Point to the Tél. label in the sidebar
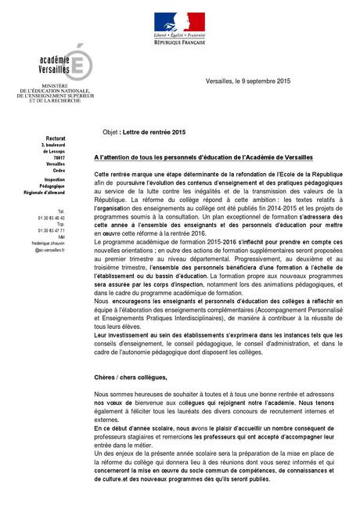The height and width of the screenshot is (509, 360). tap(61, 211)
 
